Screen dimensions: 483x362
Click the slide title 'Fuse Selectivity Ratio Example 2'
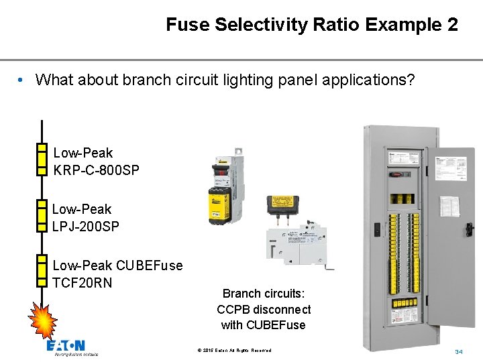click(312, 25)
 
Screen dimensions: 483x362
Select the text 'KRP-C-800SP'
click(96, 170)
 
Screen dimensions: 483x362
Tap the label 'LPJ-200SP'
click(86, 227)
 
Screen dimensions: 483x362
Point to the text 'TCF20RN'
click(82, 282)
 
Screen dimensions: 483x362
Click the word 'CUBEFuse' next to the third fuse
click(149, 265)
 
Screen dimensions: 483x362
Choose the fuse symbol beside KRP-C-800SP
click(42, 158)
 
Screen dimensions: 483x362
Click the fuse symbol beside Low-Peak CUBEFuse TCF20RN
click(42, 271)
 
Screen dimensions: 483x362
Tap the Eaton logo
click(66, 347)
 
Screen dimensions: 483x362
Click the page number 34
click(459, 352)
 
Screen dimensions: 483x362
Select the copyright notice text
click(235, 351)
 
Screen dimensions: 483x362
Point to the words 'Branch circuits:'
click(263, 294)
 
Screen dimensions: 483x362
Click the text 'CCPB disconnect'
click(264, 310)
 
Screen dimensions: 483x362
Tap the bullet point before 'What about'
click(22, 80)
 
